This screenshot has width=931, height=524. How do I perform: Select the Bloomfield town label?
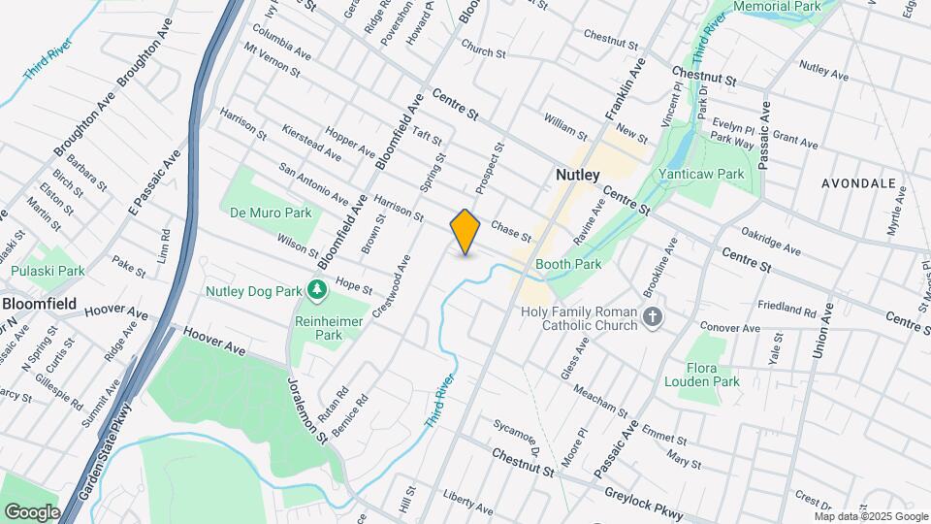coord(39,303)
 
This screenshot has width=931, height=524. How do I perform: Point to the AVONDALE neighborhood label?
coord(858,182)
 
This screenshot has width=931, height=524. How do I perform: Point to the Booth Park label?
coord(568,264)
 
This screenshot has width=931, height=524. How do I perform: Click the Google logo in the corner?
coord(31,511)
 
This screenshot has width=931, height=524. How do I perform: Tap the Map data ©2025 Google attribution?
coord(870,516)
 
